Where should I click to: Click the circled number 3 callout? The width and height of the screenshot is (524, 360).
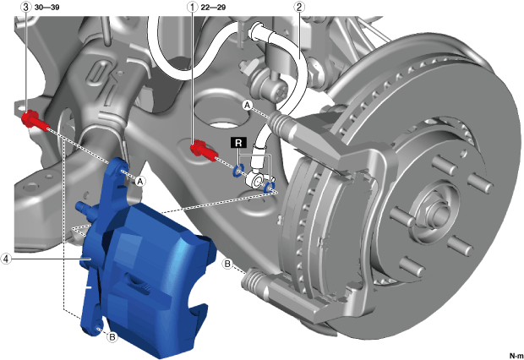(26, 7)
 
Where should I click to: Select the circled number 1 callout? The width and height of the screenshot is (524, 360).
(193, 7)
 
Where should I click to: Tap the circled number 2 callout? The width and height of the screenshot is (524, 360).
(298, 7)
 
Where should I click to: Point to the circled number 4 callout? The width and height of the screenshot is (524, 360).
(6, 259)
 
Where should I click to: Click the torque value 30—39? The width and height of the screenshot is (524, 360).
(46, 8)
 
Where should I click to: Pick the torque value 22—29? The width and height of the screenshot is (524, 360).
(213, 8)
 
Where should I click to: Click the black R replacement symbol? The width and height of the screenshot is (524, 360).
(238, 143)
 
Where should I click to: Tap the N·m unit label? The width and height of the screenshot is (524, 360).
(516, 356)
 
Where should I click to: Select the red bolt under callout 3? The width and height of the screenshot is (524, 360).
(35, 122)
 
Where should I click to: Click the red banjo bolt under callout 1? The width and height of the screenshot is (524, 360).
(203, 150)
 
